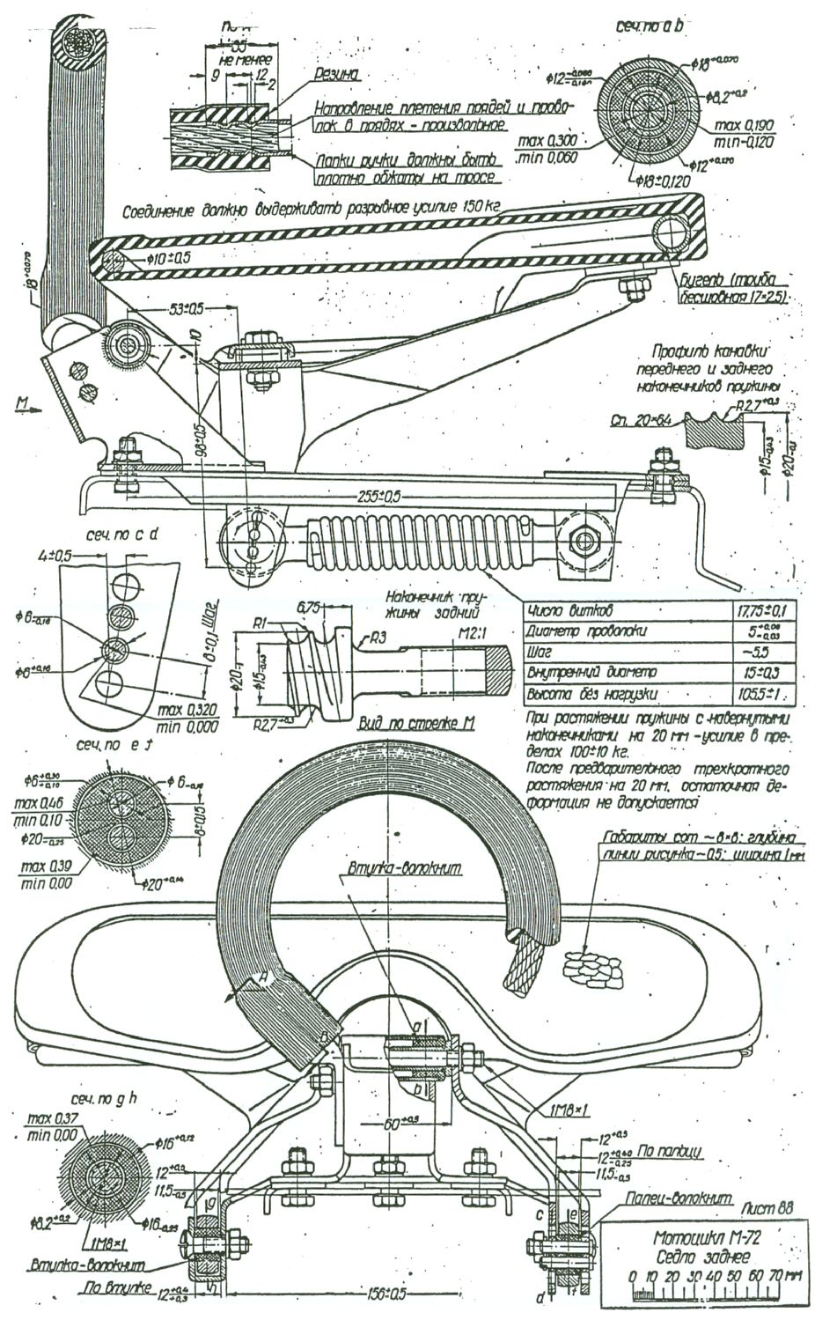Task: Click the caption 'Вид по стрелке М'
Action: coord(418,724)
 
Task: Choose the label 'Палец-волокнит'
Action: coord(670,1198)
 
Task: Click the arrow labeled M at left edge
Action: coord(29,407)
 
